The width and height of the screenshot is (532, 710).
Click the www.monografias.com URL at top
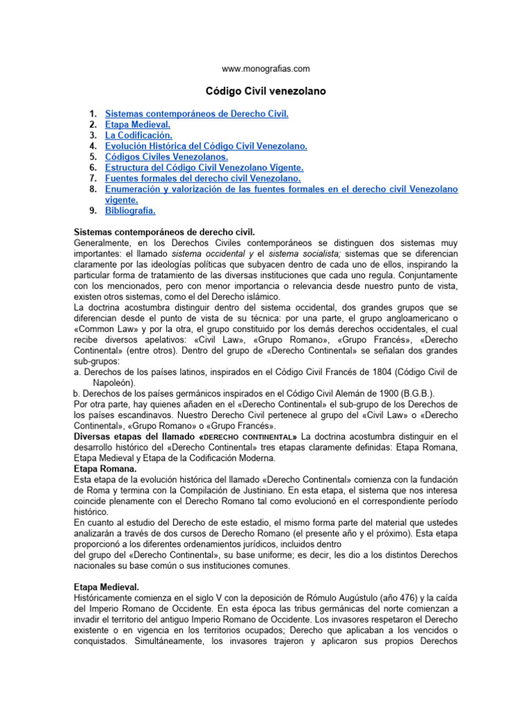pos(265,69)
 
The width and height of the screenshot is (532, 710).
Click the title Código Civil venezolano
pos(266,91)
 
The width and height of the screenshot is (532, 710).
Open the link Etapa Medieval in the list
pos(137,124)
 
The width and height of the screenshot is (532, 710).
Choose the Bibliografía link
pos(130,210)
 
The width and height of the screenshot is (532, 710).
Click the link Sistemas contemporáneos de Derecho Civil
pos(197,113)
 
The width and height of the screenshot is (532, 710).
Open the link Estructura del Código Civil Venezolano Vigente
pos(204,167)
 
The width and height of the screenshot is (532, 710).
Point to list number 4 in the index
pos(93,146)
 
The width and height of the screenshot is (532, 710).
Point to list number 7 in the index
pos(93,178)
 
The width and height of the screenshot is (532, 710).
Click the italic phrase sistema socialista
pos(294,254)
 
